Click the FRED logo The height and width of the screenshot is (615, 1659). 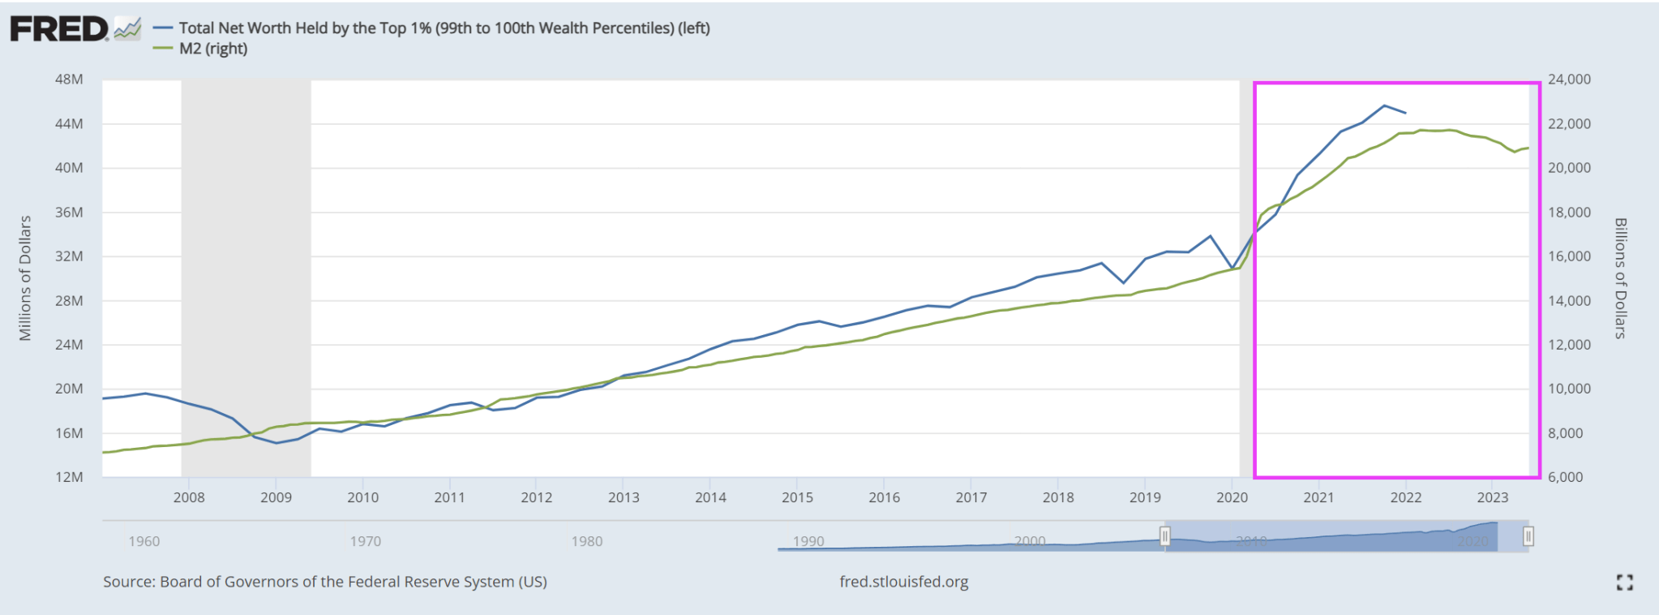point(59,29)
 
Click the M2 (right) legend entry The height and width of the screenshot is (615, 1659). point(212,49)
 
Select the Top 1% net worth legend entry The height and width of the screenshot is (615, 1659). point(444,28)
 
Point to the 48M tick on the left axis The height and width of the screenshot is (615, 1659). point(69,80)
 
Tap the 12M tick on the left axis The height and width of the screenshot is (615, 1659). point(69,477)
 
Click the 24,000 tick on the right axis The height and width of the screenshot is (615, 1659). point(1569,80)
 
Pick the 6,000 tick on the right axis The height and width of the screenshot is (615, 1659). point(1565,477)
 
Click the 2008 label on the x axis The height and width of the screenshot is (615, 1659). point(189,497)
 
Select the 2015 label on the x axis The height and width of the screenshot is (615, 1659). point(797,497)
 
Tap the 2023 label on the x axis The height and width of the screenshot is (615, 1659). point(1492,497)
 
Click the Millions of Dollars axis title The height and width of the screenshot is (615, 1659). point(25,278)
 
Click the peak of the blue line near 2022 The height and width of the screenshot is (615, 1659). point(1384,105)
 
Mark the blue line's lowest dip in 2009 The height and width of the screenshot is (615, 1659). point(276,443)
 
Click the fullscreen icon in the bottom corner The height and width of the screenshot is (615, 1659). point(1624,582)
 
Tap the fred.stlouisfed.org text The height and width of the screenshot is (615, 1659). point(903,582)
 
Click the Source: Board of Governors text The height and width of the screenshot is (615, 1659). point(324,582)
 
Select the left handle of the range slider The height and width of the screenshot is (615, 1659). point(1165,536)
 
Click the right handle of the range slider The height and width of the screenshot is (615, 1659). point(1528,536)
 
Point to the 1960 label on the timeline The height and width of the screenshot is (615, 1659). point(144,541)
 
